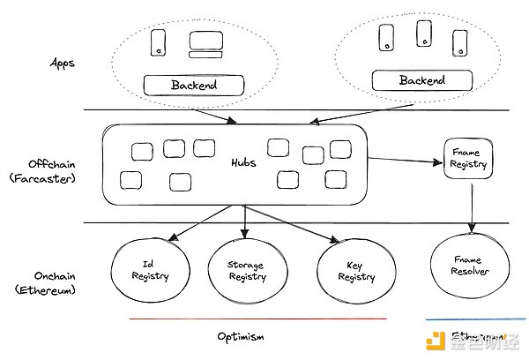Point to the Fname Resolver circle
pos(472,266)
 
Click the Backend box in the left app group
pos(193,86)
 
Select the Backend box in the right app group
pos(422,80)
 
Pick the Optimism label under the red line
pos(241,336)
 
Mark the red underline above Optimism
pos(257,319)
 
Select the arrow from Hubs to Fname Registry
pos(406,160)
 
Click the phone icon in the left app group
pos(159,42)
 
